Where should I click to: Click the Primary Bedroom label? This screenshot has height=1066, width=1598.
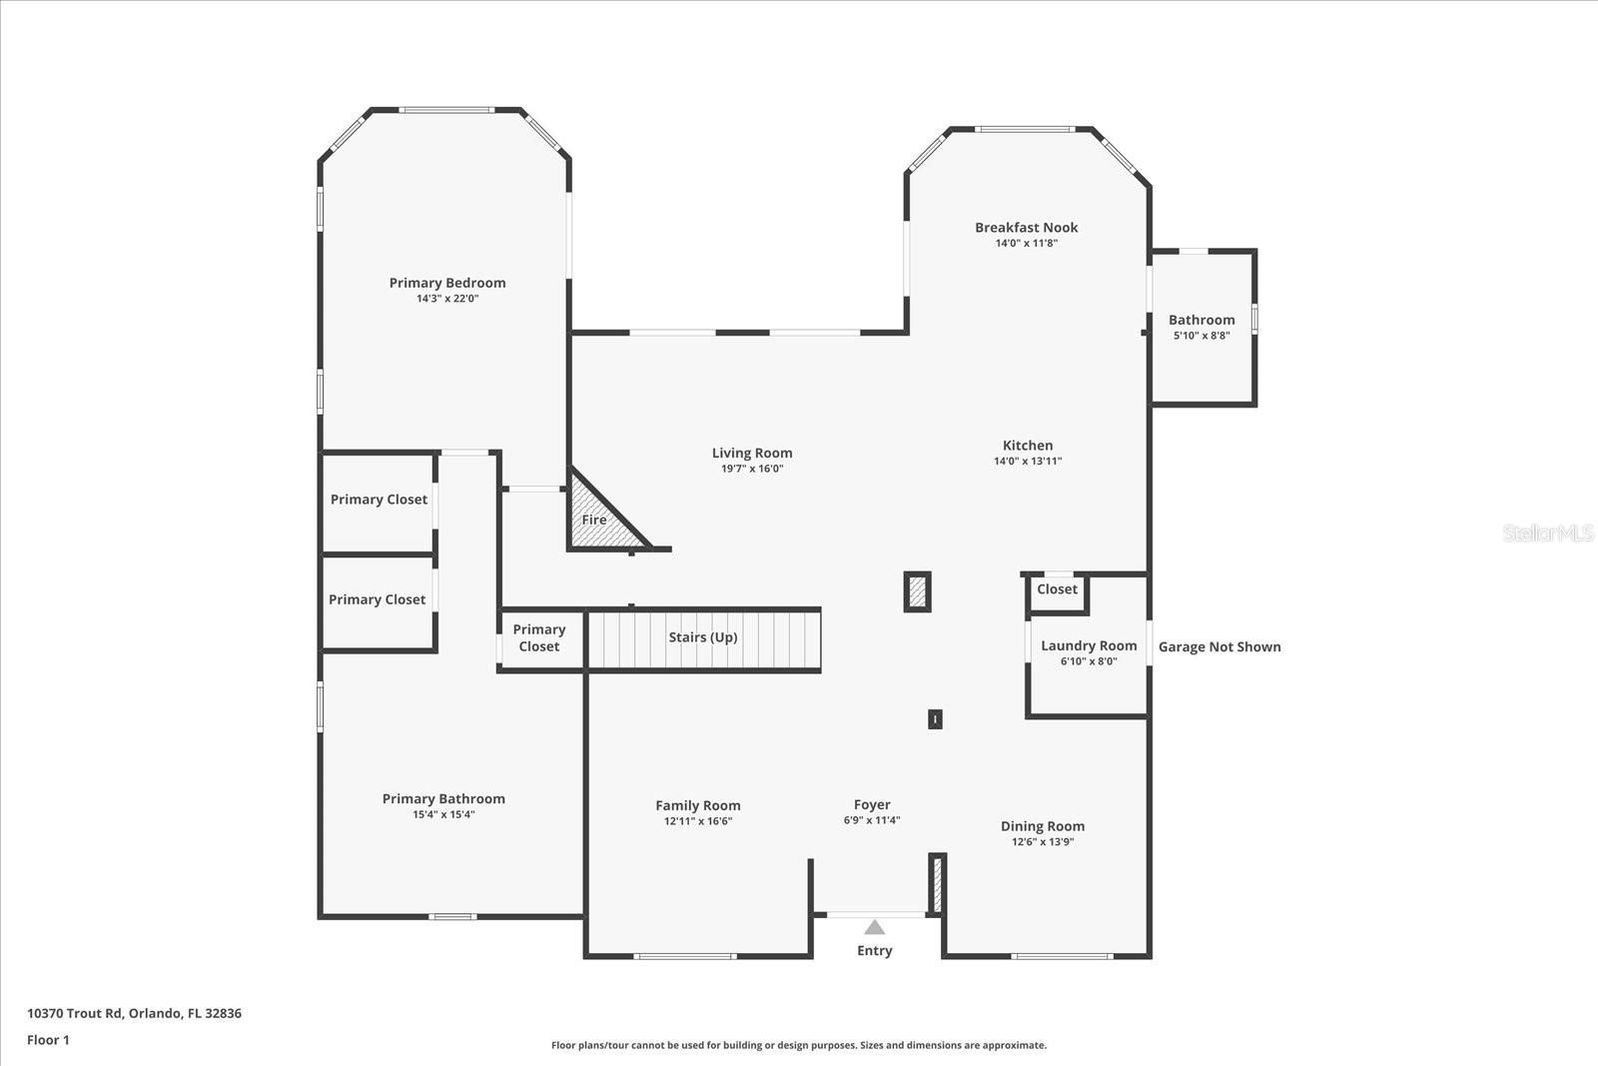tap(447, 283)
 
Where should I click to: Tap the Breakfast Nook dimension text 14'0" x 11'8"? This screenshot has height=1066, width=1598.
tap(1026, 243)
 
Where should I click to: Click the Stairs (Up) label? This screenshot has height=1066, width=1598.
tap(703, 637)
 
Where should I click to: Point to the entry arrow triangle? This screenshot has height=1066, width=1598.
tap(875, 927)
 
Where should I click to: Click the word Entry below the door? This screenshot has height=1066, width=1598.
tap(874, 950)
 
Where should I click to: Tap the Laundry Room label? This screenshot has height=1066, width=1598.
tap(1089, 645)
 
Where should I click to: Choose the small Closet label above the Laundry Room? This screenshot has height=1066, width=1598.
tap(1057, 589)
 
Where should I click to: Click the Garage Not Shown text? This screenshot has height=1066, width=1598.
tap(1219, 646)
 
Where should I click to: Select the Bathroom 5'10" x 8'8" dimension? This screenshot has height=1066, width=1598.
tap(1201, 336)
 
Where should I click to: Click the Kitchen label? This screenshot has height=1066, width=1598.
tap(1028, 446)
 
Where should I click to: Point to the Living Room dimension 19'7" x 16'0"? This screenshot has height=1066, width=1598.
tap(752, 469)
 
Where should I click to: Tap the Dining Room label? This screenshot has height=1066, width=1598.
tap(1043, 826)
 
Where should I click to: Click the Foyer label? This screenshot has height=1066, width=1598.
tap(872, 804)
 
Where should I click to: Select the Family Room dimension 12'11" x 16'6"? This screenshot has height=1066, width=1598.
tap(698, 821)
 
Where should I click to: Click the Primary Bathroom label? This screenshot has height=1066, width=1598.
tap(443, 798)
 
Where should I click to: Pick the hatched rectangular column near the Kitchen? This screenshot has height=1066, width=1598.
tap(917, 591)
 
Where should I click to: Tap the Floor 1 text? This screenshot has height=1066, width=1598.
tap(48, 1040)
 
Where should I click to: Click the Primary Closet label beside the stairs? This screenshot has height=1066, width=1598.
tap(539, 637)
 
